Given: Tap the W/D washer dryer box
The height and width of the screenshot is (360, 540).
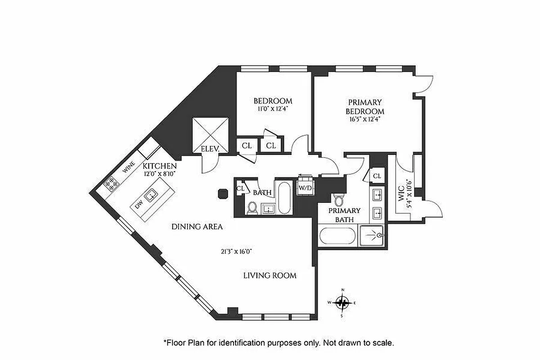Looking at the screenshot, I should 305,187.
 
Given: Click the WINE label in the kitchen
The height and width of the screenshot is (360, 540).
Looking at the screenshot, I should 128,169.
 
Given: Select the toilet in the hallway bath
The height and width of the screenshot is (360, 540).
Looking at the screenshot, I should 252,207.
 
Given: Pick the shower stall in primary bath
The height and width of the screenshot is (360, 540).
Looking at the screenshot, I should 372,235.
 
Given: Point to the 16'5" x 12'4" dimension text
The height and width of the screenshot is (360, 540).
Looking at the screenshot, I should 364,120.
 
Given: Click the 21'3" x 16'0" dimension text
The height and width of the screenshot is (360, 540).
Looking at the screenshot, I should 233,252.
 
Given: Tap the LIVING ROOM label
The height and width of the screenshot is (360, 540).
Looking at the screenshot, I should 270,275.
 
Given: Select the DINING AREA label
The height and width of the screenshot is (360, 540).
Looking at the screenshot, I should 197,227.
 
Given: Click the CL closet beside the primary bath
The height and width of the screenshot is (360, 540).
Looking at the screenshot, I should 377,176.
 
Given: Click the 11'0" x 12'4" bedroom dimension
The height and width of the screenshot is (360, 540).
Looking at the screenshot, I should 272,109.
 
